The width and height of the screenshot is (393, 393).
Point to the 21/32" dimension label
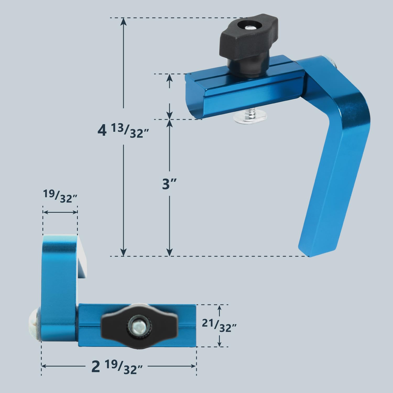pos(219,326)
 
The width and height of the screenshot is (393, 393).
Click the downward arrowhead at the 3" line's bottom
pos(170,252)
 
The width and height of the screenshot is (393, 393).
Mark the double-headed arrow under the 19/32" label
pos(60,212)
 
